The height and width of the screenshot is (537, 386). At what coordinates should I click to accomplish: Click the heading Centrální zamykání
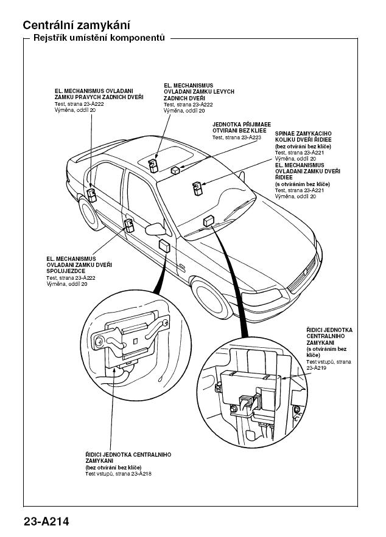[76, 26]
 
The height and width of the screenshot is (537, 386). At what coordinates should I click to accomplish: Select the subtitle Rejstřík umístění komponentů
[99, 38]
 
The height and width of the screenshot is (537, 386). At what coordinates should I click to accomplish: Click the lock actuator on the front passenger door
[129, 226]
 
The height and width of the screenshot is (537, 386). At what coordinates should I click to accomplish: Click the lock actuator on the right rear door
[91, 193]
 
